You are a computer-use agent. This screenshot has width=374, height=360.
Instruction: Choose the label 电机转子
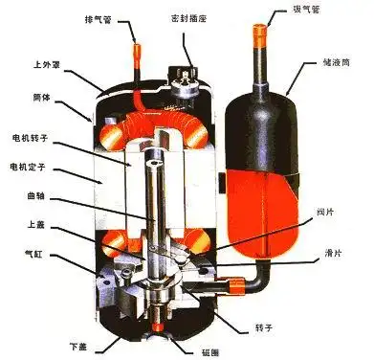[x=33, y=141]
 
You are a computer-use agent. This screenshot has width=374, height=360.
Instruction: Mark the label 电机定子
[x=33, y=169]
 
